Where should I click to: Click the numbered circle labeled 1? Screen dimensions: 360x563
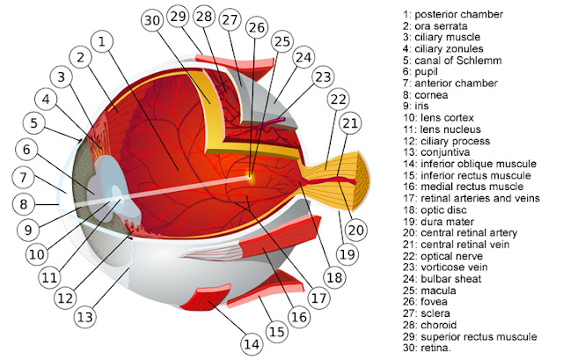[x=104, y=41]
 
